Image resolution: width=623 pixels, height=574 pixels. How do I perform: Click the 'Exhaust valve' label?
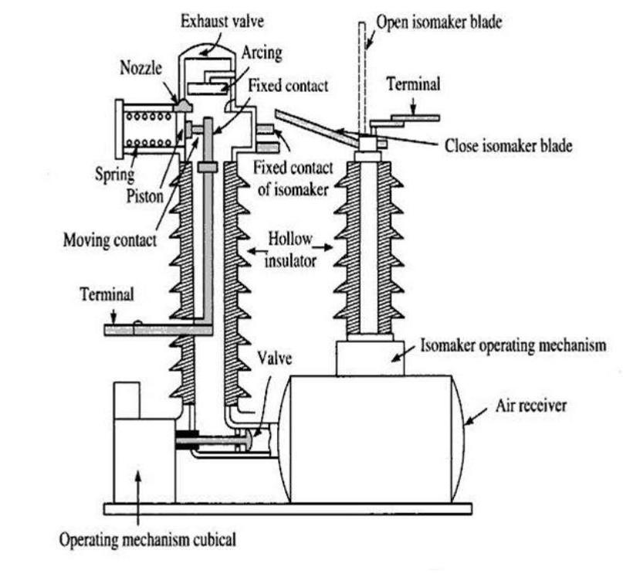point(222,21)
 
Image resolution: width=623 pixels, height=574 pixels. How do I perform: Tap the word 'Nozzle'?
point(141,68)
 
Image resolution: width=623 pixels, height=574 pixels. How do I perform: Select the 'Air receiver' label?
point(531,406)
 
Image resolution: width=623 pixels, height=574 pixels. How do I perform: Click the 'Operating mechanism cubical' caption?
point(147,540)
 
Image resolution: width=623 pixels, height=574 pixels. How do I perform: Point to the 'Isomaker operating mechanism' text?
point(513,345)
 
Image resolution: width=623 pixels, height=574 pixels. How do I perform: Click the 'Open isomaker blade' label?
point(439,22)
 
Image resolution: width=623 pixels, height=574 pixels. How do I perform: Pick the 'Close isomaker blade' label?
point(508,146)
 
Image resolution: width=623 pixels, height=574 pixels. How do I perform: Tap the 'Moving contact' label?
point(110,240)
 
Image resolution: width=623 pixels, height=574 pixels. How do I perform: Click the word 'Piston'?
point(145,196)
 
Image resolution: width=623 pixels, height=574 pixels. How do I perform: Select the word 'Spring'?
point(114,175)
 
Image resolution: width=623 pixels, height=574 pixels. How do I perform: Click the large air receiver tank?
point(371,440)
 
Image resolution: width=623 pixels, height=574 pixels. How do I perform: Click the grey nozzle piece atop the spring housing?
point(183,106)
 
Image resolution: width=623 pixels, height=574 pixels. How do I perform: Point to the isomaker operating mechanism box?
point(371,358)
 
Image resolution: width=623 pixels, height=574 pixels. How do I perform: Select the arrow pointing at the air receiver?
point(476,417)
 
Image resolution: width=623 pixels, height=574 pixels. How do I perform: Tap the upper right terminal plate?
point(415,118)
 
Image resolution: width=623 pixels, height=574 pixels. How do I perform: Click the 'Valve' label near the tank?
point(274,358)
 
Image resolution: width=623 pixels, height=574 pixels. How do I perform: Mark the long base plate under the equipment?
point(288,509)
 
